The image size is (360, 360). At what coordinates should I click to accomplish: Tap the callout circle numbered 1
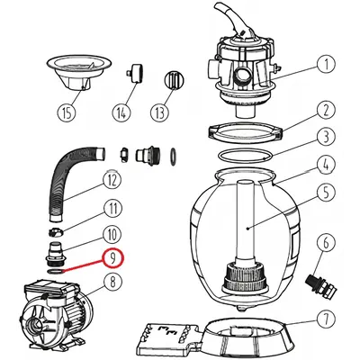[326, 63]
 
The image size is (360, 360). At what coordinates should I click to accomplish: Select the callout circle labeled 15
[67, 113]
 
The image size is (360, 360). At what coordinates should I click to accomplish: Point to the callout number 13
[159, 112]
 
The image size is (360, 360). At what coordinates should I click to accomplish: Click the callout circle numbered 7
[326, 319]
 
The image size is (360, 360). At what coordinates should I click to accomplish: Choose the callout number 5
[326, 193]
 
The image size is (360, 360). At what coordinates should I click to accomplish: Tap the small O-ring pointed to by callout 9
[56, 272]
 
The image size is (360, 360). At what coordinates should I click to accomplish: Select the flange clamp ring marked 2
[246, 132]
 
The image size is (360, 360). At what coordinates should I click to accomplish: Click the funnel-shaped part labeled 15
[79, 73]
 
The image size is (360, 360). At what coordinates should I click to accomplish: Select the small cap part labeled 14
[134, 73]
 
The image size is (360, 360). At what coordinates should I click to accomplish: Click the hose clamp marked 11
[56, 232]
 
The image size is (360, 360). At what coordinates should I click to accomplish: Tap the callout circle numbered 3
[326, 137]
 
